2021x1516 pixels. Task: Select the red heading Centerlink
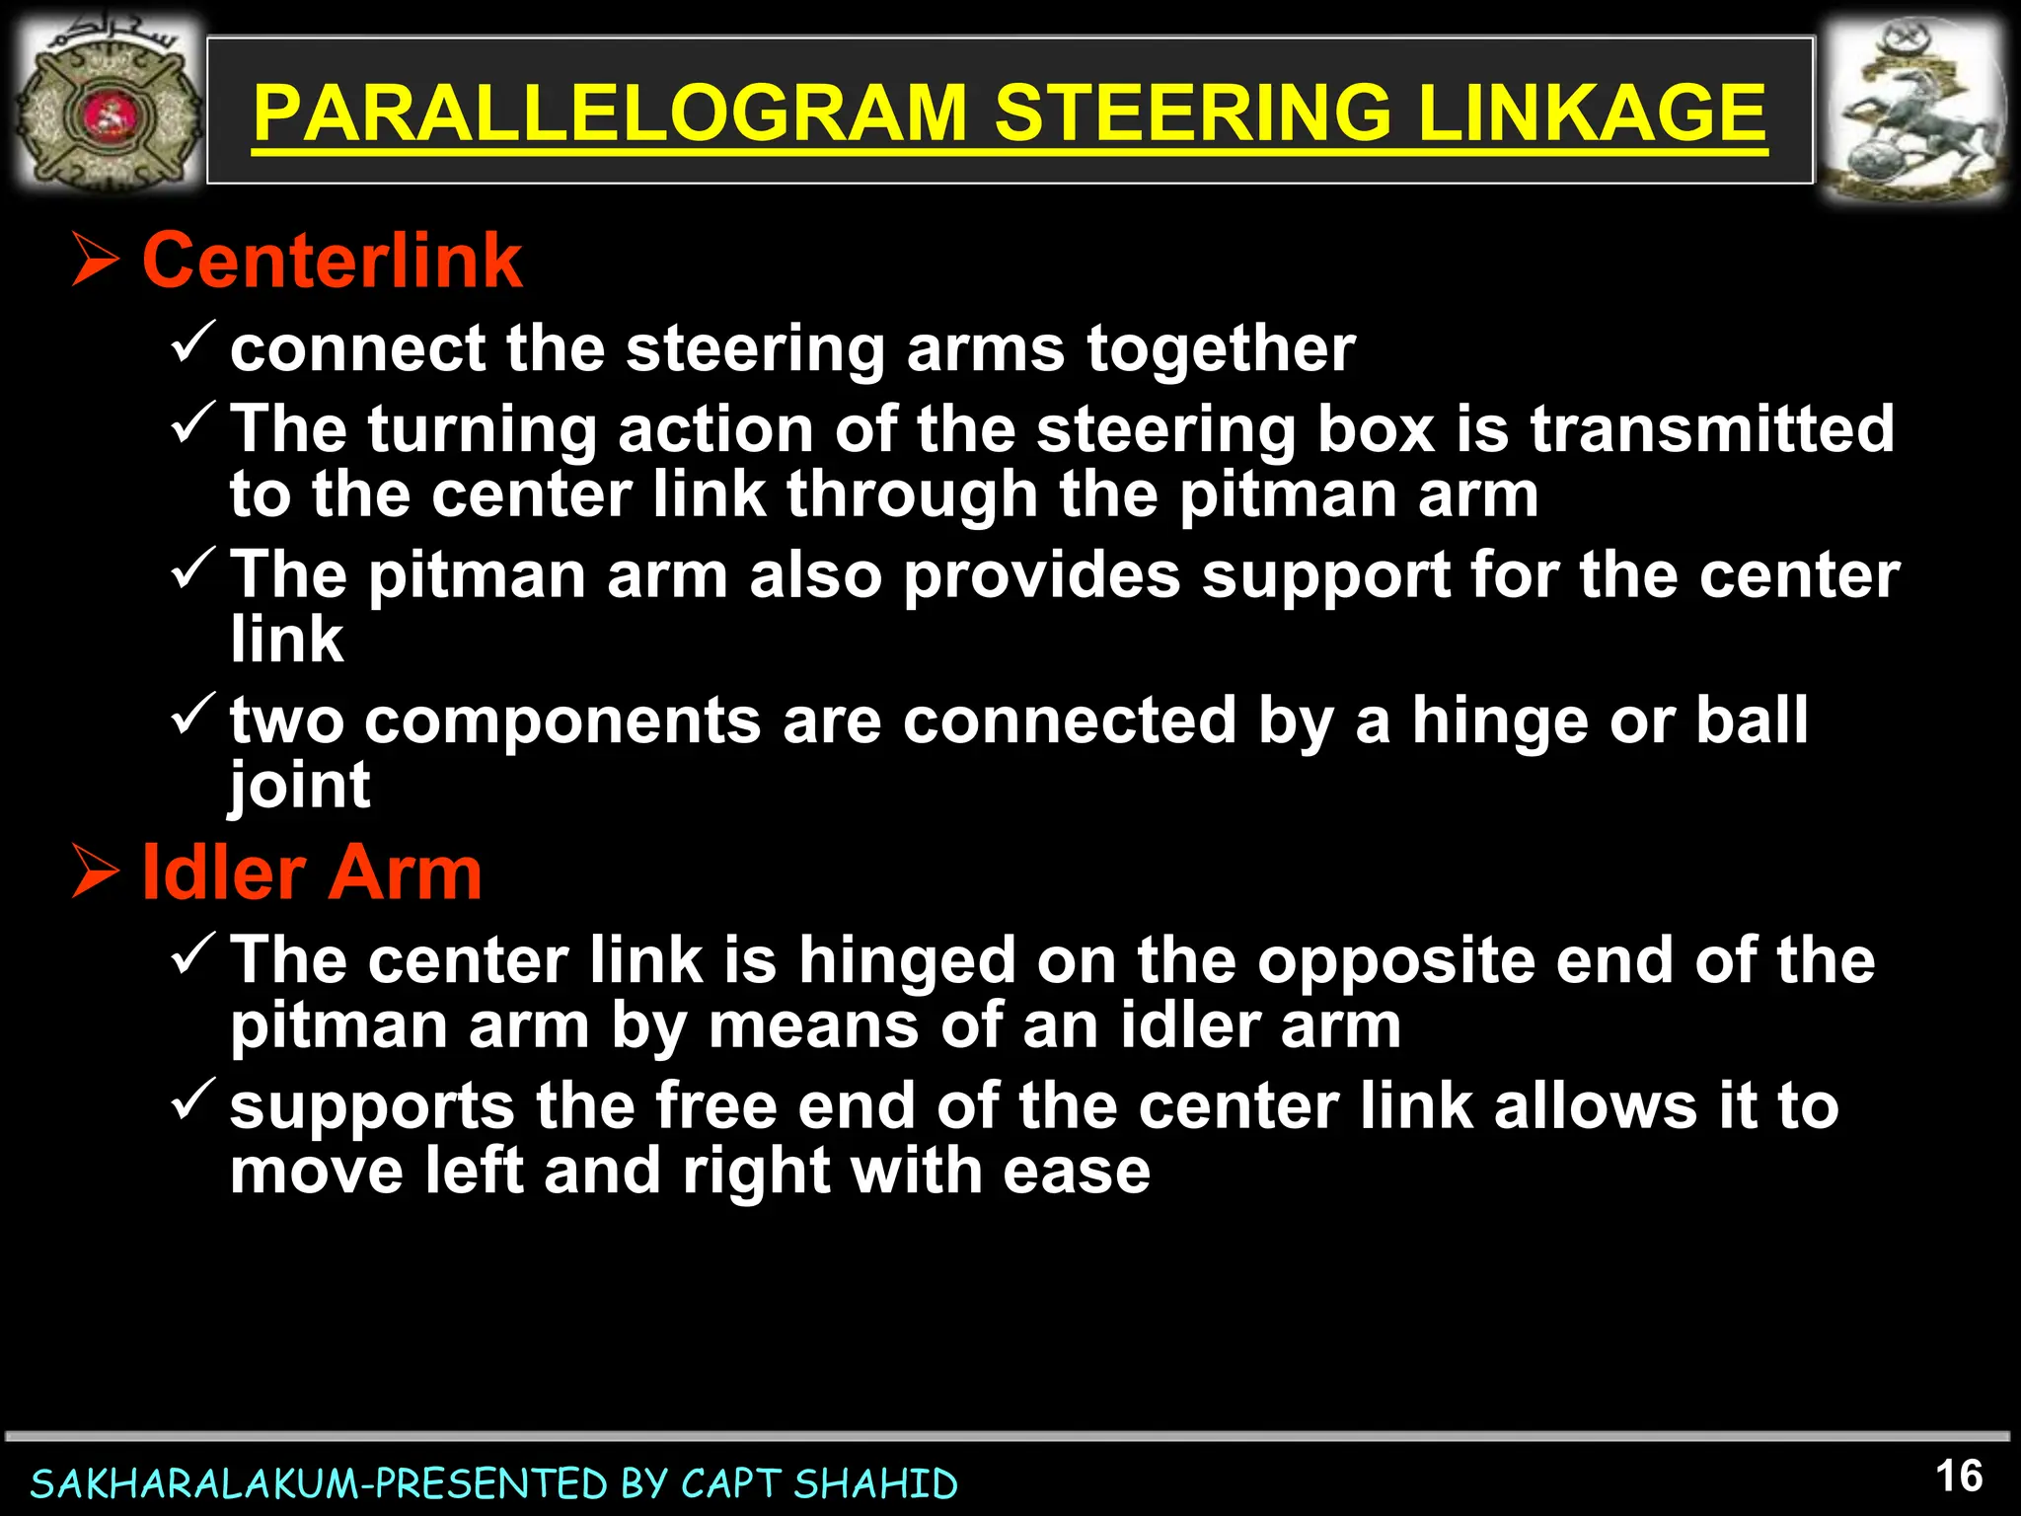pos(332,262)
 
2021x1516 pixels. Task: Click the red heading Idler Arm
pos(312,873)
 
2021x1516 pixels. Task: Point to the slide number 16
pos(1959,1477)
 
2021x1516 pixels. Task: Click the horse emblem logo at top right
pos(1911,112)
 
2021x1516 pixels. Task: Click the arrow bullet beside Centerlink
pos(96,262)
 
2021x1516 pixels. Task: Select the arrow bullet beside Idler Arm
pos(96,873)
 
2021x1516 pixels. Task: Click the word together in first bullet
pos(1221,349)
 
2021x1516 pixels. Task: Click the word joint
pos(300,787)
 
